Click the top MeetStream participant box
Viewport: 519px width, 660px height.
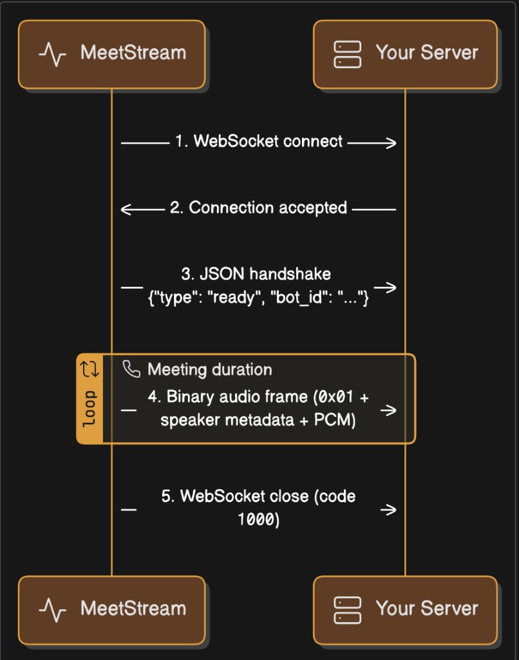pos(111,54)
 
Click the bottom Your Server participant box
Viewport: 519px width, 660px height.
pos(405,610)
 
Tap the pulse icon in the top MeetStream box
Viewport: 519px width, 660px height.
pos(52,54)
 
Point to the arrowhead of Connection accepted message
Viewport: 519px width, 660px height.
pos(127,209)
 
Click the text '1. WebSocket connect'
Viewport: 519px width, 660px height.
pos(259,141)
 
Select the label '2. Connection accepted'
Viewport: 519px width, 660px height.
pos(259,208)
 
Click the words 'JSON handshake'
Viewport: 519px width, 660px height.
pos(265,274)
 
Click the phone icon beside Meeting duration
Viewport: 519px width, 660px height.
pos(131,369)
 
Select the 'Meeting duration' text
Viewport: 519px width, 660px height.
pos(209,370)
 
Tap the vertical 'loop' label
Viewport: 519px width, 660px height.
pos(89,408)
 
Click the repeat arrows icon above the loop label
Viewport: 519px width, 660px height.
pos(89,369)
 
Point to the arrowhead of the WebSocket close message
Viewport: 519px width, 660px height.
pos(390,510)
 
